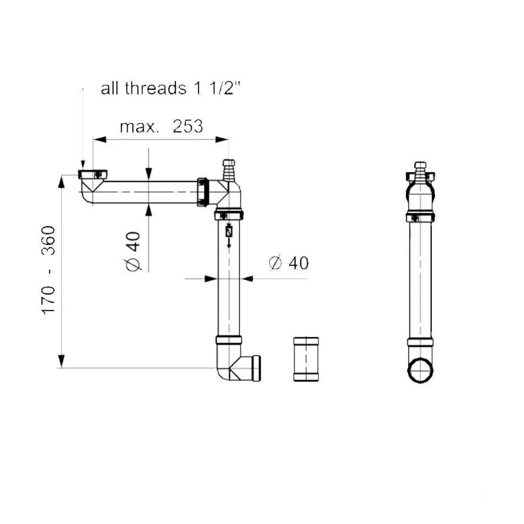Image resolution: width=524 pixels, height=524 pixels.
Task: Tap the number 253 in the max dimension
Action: [x=188, y=126]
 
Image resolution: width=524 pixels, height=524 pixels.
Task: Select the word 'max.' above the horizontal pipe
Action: [x=139, y=127]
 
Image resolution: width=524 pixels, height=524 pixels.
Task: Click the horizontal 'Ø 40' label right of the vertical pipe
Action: [x=289, y=263]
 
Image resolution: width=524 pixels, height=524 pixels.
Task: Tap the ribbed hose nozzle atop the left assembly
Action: [x=229, y=170]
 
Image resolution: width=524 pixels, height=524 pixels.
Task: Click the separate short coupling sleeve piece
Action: [x=306, y=359]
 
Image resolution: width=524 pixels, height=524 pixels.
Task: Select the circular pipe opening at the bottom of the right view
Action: [x=420, y=370]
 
